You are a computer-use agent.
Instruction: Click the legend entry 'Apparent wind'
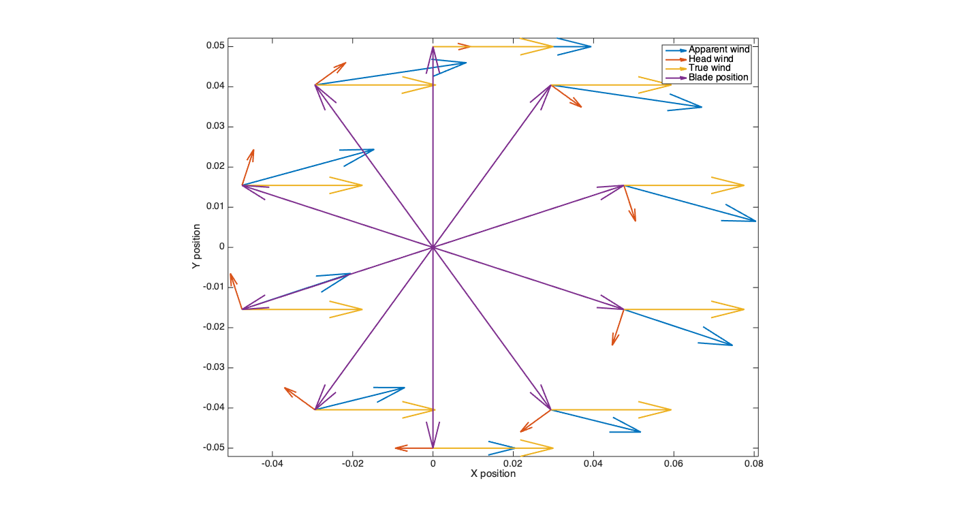(719, 50)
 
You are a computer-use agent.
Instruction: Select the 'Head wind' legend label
(710, 59)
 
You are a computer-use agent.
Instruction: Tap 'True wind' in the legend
(709, 68)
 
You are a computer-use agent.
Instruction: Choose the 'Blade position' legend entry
(719, 78)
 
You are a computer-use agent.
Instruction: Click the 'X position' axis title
(493, 473)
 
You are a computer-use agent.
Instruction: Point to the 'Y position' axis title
(196, 247)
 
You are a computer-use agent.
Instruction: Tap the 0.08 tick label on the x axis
(753, 464)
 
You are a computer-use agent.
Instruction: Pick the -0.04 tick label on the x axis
(272, 464)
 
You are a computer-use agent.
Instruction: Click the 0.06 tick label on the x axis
(673, 464)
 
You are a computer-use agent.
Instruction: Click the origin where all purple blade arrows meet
(433, 247)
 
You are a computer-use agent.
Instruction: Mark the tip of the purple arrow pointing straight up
(433, 47)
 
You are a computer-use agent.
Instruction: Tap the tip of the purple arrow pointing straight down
(433, 447)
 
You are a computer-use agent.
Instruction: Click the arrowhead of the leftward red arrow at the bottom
(396, 448)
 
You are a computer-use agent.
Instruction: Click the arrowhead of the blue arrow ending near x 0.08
(755, 221)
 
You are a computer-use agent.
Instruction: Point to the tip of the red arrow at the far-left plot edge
(231, 274)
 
